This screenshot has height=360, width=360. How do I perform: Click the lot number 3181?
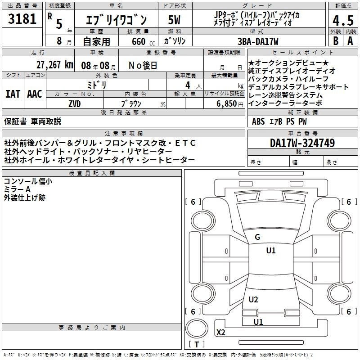pos(22,19)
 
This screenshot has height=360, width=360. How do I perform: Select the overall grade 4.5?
pos(343,20)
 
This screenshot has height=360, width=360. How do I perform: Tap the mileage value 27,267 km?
pos(54,65)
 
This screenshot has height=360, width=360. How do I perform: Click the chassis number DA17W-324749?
pos(302,143)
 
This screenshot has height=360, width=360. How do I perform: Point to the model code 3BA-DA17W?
pos(258,41)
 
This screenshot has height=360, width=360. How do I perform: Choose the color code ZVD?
pos(75,104)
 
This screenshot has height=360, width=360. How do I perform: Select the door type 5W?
pos(174,20)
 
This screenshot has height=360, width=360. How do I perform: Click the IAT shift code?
pos(13,94)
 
